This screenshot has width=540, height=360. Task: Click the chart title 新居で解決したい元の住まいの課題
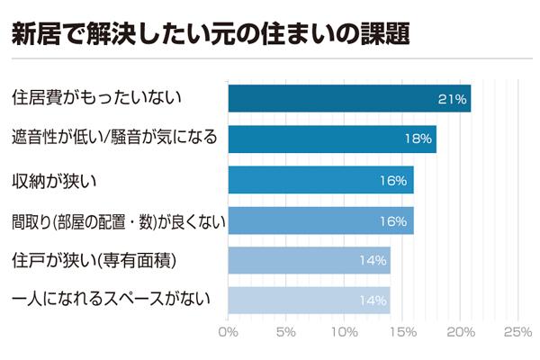click(211, 34)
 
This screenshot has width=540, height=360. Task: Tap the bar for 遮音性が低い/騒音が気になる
click(332, 139)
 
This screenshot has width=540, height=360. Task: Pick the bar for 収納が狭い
click(320, 180)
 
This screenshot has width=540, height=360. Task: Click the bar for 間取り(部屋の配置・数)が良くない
click(320, 220)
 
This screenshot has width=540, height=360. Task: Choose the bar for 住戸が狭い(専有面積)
click(309, 260)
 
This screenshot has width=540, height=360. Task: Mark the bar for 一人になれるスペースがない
click(309, 300)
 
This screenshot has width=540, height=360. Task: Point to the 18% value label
click(418, 139)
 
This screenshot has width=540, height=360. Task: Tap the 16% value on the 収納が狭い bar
click(394, 180)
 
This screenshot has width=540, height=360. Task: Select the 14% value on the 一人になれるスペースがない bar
click(372, 300)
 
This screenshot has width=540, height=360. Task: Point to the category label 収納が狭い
click(54, 180)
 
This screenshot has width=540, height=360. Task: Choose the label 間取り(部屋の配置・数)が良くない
click(117, 220)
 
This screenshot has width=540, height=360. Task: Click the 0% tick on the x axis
click(229, 332)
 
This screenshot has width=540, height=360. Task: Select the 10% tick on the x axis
click(345, 332)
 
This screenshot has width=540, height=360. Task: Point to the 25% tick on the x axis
click(517, 332)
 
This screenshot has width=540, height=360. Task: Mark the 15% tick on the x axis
click(402, 332)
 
